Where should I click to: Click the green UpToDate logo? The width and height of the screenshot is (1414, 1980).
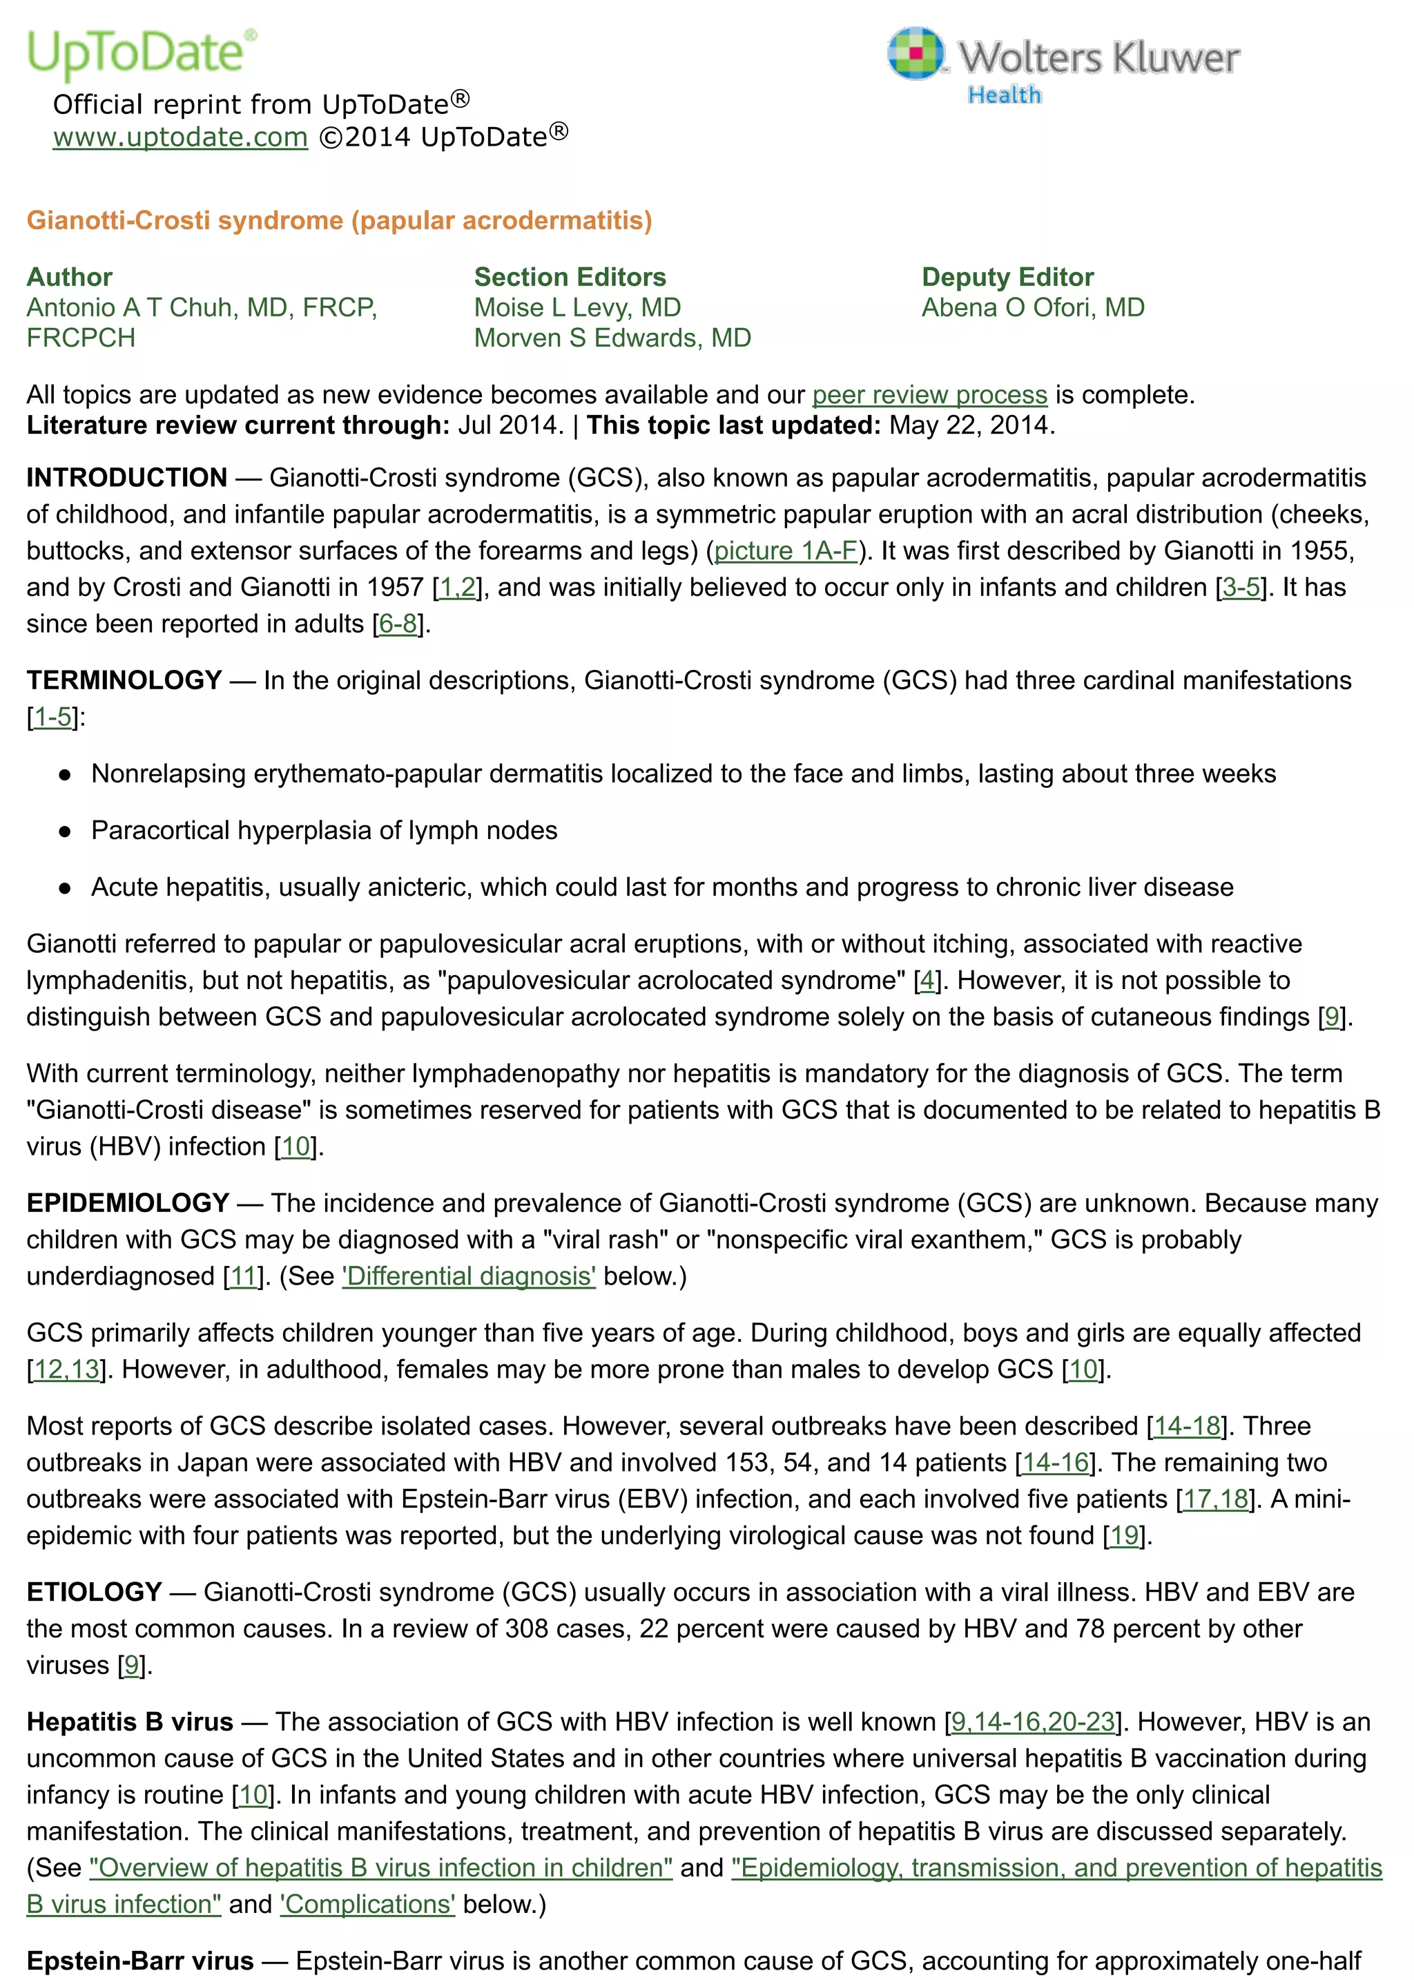pyautogui.click(x=139, y=52)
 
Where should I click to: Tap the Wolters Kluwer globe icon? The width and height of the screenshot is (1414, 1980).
pyautogui.click(x=914, y=53)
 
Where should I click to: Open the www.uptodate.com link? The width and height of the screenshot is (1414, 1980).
pyautogui.click(x=180, y=137)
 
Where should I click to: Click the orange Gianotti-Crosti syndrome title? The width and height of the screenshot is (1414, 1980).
pyautogui.click(x=339, y=220)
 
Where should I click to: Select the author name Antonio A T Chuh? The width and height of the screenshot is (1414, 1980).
pyautogui.click(x=201, y=307)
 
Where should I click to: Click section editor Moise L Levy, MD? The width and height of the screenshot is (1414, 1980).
pyautogui.click(x=577, y=307)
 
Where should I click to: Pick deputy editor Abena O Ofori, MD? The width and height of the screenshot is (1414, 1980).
pyautogui.click(x=1033, y=307)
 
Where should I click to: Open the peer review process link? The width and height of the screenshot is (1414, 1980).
pyautogui.click(x=929, y=394)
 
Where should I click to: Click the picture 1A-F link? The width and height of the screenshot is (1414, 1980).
pyautogui.click(x=785, y=551)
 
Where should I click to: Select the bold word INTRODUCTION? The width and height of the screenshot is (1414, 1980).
pyautogui.click(x=126, y=478)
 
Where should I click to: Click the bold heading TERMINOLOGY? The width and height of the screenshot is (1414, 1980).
pyautogui.click(x=124, y=680)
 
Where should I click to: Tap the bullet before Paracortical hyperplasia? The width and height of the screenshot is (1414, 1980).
pyautogui.click(x=64, y=832)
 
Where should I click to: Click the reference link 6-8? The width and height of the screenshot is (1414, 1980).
pyautogui.click(x=398, y=624)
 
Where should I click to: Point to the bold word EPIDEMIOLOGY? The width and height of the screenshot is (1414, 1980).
pyautogui.click(x=127, y=1203)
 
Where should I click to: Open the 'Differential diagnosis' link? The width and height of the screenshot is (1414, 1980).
pyautogui.click(x=468, y=1276)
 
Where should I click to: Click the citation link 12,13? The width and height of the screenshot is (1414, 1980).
pyautogui.click(x=66, y=1369)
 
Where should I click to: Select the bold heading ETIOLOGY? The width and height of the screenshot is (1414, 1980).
pyautogui.click(x=94, y=1593)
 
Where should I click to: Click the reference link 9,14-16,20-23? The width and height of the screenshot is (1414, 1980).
pyautogui.click(x=1033, y=1722)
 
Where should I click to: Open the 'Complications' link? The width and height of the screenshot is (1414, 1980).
pyautogui.click(x=367, y=1904)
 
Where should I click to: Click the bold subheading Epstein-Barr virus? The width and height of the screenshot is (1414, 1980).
pyautogui.click(x=139, y=1961)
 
